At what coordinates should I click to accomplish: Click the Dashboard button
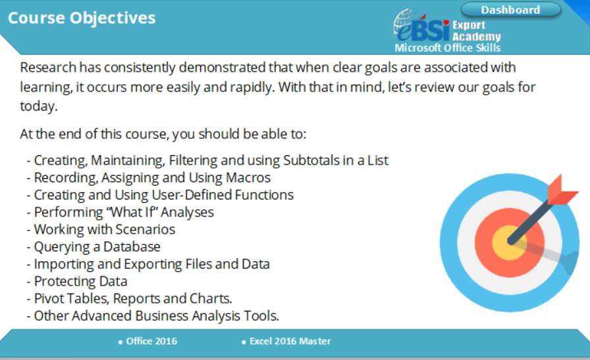point(511,10)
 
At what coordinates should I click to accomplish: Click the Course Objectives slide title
point(82,18)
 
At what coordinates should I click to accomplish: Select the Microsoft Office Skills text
point(447,48)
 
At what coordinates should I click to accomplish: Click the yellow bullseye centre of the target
point(509,243)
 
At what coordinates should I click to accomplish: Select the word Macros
point(248,178)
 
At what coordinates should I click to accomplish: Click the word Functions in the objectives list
point(264,195)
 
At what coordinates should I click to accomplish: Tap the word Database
point(132,247)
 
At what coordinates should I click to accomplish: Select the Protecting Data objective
point(80,282)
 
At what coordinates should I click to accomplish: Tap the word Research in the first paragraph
point(48,68)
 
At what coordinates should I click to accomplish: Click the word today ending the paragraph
point(38,107)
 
